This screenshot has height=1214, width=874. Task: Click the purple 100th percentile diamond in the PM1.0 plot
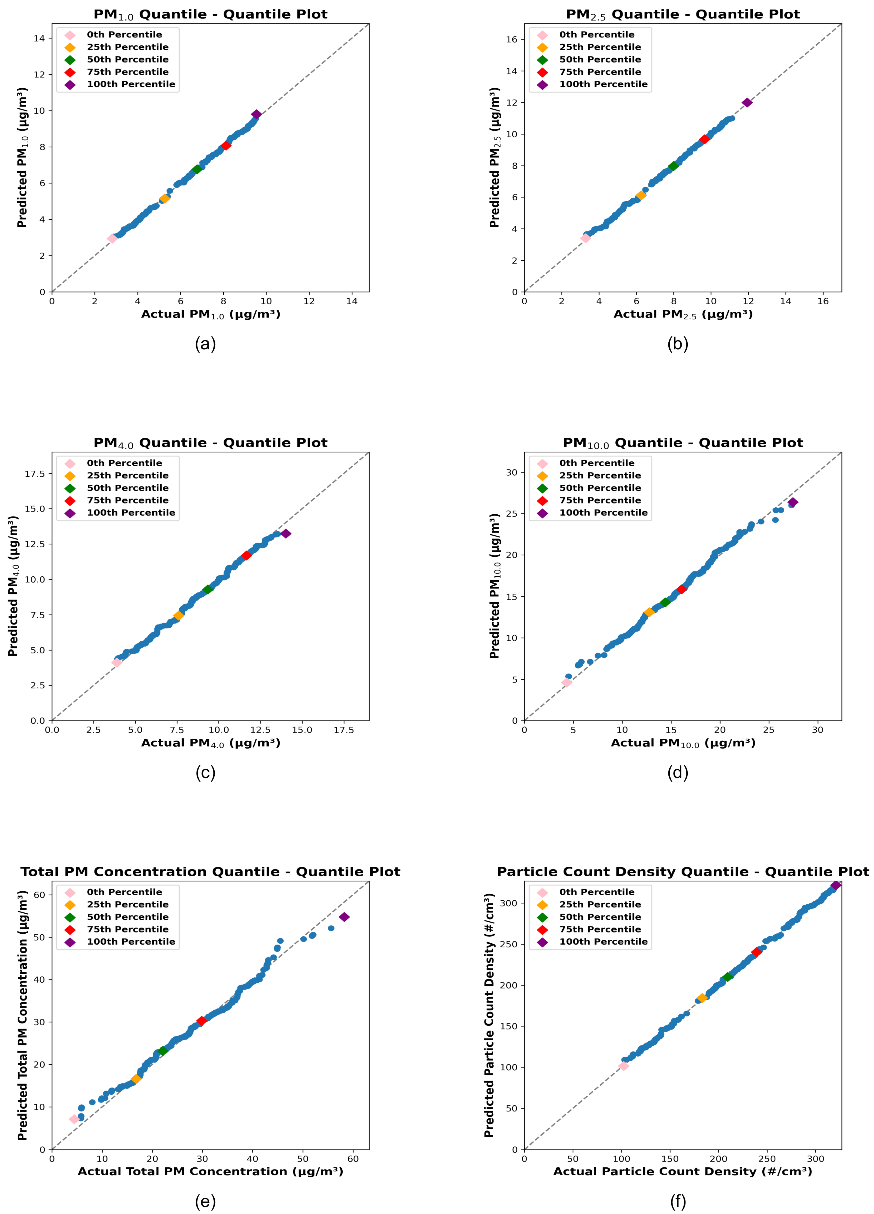(256, 114)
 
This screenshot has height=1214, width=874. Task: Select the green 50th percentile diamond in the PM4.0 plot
(208, 589)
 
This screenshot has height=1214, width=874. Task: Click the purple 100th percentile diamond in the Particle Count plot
(835, 885)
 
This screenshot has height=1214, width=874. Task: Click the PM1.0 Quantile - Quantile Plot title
(211, 14)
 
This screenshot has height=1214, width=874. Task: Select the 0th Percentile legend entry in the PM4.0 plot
(124, 463)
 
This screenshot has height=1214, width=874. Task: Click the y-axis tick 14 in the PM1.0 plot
(39, 38)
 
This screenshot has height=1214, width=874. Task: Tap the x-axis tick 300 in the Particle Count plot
(816, 1159)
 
